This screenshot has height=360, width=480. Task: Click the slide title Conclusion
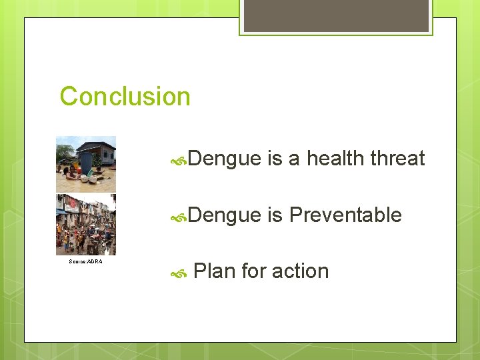pyautogui.click(x=125, y=97)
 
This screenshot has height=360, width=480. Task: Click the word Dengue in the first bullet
pyautogui.click(x=224, y=159)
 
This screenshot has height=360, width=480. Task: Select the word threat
pyautogui.click(x=397, y=159)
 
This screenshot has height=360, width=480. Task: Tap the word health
pyautogui.click(x=335, y=159)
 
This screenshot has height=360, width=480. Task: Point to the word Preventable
pyautogui.click(x=345, y=215)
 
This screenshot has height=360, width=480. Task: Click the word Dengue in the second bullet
pyautogui.click(x=224, y=215)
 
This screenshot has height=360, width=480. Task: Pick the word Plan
pyautogui.click(x=214, y=271)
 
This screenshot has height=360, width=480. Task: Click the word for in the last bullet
pyautogui.click(x=253, y=271)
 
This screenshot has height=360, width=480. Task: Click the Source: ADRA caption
pyautogui.click(x=86, y=261)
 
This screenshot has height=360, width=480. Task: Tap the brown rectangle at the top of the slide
pyautogui.click(x=336, y=15)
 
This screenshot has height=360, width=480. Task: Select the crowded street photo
pyautogui.click(x=86, y=225)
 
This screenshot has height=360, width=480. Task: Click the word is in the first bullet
pyautogui.click(x=274, y=159)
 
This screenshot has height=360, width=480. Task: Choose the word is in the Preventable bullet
pyautogui.click(x=274, y=215)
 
